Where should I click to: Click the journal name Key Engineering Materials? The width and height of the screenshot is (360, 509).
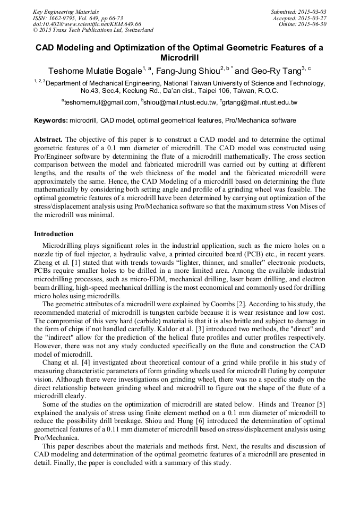(x=66, y=11)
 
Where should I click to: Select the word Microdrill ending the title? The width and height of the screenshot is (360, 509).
(x=179, y=57)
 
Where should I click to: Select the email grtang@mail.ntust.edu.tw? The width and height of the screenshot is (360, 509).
(x=260, y=102)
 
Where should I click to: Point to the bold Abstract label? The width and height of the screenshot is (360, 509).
(x=48, y=140)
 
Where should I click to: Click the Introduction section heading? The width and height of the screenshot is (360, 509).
(x=54, y=234)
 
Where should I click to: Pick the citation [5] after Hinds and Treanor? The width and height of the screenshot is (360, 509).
(x=321, y=405)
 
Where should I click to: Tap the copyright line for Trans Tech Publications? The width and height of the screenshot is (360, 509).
(x=93, y=30)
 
